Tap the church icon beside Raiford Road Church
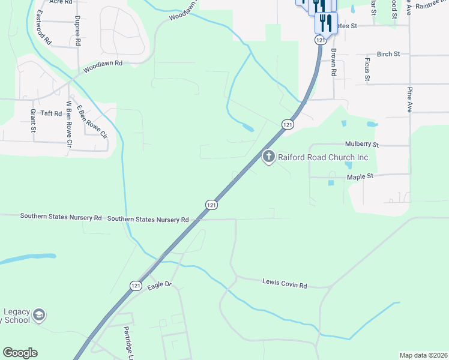[x=268, y=157]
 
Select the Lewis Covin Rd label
[x=285, y=284]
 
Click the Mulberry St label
[x=362, y=145]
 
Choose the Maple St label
[x=360, y=176]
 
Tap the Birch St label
[x=388, y=54]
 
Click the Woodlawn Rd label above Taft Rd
[x=103, y=66]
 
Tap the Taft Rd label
[x=50, y=113]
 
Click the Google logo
[x=20, y=353]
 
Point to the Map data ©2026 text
[x=423, y=355]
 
